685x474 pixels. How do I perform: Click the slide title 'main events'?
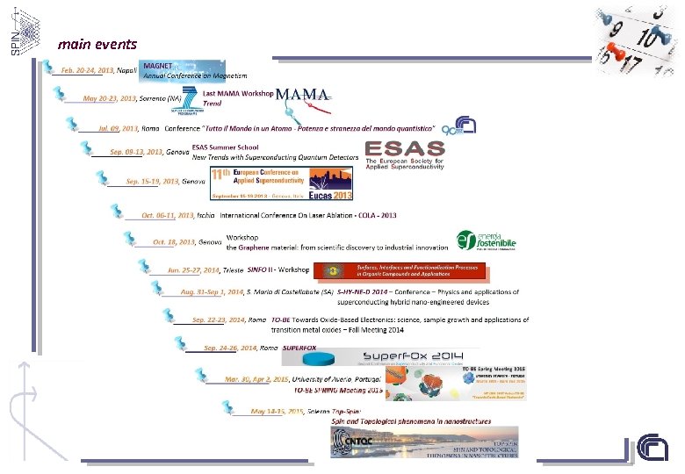[97, 43]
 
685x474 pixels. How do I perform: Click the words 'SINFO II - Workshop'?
[278, 269]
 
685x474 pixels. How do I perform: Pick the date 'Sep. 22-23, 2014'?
[217, 320]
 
